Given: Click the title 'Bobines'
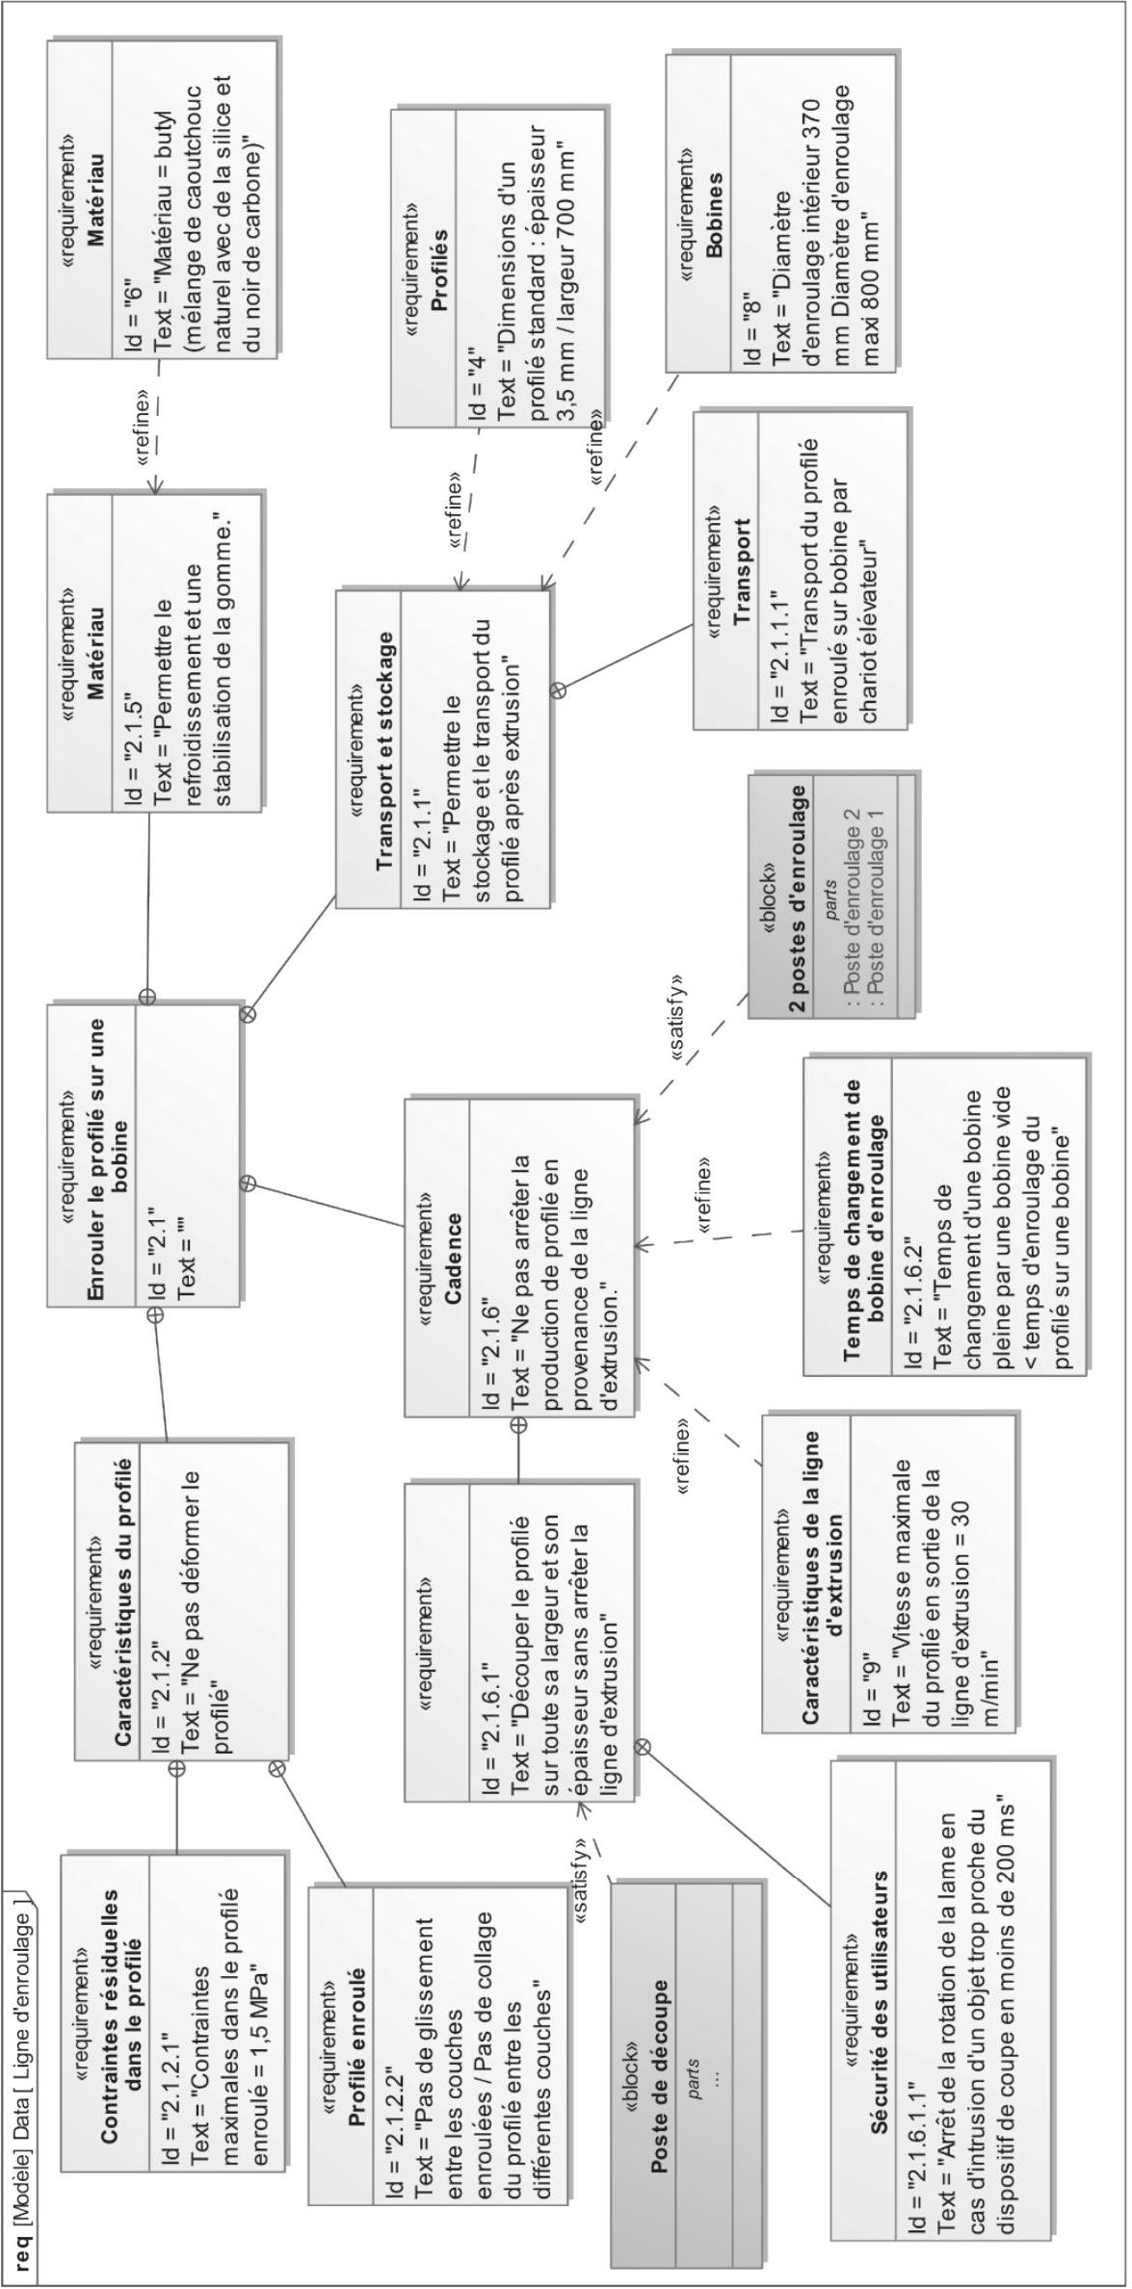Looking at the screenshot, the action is click(x=714, y=215).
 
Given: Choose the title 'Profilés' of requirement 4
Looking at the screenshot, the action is click(x=439, y=271).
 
